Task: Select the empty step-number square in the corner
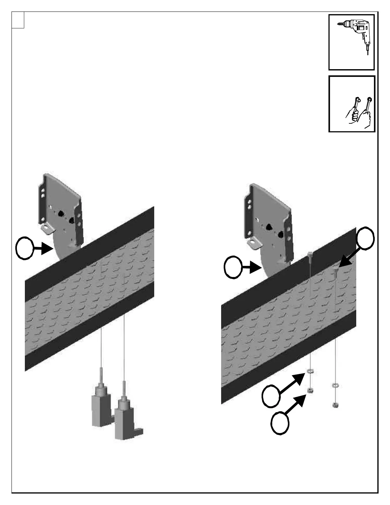coord(18,20)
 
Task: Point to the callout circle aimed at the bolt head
coord(365,238)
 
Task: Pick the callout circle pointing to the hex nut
coord(280,423)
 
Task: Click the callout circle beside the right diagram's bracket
coord(233,267)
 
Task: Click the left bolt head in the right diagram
coord(310,254)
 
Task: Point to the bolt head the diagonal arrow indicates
coord(335,270)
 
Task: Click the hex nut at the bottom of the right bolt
coord(335,405)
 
